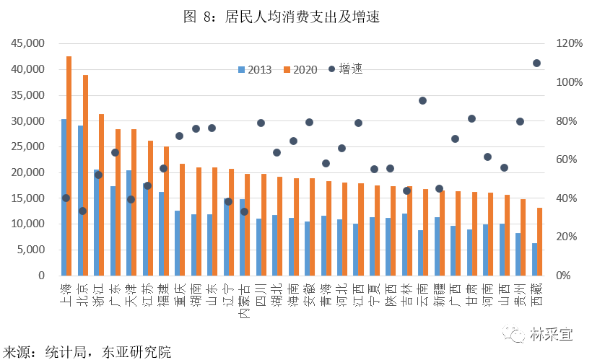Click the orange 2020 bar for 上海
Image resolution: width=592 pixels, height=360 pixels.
click(x=69, y=166)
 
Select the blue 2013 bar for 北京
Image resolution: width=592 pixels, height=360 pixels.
click(x=80, y=201)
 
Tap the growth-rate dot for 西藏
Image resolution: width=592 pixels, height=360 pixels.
click(x=536, y=63)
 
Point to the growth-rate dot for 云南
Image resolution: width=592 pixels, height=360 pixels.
click(x=422, y=100)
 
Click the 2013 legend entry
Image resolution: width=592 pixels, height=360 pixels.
click(x=255, y=70)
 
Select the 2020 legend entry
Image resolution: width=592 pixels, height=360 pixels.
click(x=300, y=70)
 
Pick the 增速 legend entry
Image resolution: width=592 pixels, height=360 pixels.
click(x=346, y=69)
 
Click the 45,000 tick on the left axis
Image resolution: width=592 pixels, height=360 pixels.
click(x=27, y=43)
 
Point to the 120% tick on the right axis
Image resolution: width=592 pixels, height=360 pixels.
click(x=570, y=43)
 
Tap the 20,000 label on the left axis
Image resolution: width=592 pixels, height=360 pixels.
click(x=27, y=172)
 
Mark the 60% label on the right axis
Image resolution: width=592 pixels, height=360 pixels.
click(x=566, y=159)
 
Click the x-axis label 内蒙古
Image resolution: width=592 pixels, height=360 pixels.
click(x=245, y=301)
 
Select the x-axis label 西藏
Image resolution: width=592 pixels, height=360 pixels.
click(x=537, y=295)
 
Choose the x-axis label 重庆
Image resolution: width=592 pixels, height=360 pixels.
click(x=180, y=295)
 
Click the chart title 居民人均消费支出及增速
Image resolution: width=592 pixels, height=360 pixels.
click(x=302, y=17)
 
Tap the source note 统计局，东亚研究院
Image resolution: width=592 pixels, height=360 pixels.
click(x=108, y=352)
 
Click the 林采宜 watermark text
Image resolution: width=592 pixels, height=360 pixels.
click(x=551, y=334)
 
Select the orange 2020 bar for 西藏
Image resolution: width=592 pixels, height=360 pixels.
click(x=539, y=242)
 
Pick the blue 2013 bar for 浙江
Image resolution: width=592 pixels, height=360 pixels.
click(x=96, y=223)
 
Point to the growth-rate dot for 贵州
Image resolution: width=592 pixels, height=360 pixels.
click(x=520, y=121)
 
